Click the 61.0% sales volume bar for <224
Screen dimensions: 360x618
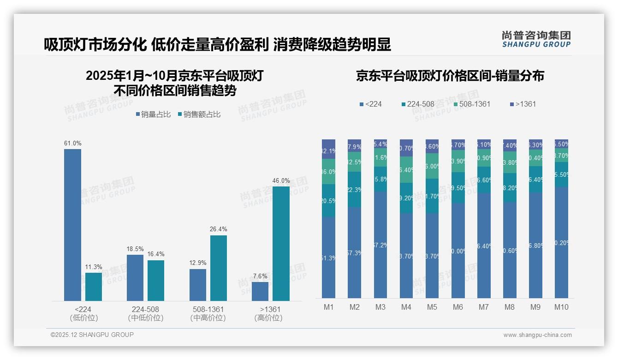[72, 225]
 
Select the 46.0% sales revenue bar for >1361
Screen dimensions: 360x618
[281, 244]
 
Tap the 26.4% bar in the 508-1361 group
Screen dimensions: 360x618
[219, 268]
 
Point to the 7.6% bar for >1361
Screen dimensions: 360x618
[260, 291]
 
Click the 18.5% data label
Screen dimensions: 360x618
[135, 249]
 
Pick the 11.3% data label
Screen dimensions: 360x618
[94, 267]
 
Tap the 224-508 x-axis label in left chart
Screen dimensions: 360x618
[145, 309]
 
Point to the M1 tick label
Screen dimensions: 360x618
[328, 307]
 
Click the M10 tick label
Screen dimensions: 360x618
[561, 307]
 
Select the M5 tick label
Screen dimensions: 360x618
[432, 307]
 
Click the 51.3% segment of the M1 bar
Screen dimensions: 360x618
[328, 258]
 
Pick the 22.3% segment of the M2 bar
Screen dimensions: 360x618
[354, 189]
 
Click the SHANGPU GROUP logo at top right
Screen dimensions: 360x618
[536, 39]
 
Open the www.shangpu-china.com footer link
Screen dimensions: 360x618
[537, 335]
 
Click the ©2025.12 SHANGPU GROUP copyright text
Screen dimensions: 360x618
[92, 335]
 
